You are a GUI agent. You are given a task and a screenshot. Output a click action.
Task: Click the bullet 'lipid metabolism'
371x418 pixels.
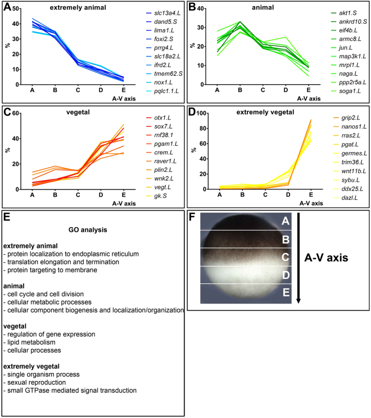pyautogui.click(x=34, y=343)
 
